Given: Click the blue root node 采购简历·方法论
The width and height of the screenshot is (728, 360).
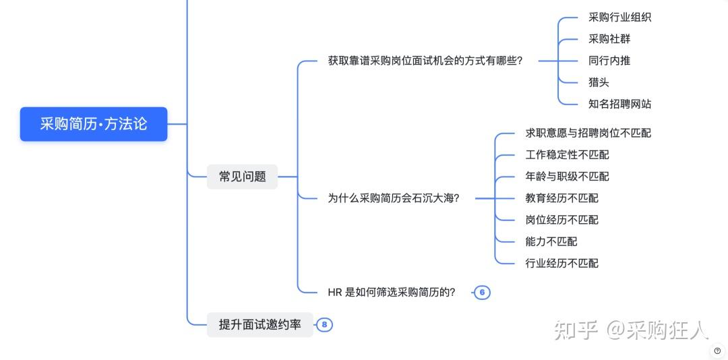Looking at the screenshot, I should click(94, 124).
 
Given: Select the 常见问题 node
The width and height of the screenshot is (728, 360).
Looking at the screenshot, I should click(242, 177).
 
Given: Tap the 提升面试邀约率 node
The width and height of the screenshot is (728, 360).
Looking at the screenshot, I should click(260, 325).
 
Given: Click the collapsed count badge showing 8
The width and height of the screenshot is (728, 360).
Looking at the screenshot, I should click(324, 325).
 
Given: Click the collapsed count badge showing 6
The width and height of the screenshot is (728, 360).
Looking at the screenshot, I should click(482, 293).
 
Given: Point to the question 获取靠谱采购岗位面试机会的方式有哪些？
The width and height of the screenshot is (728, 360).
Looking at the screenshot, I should click(425, 61).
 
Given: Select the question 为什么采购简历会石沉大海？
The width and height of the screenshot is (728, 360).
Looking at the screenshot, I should click(393, 198).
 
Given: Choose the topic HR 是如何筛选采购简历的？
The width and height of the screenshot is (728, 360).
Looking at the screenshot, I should click(392, 293).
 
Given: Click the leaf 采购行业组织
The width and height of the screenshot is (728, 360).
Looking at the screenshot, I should click(619, 18).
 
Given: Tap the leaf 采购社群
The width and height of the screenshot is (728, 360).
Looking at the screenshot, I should click(609, 39).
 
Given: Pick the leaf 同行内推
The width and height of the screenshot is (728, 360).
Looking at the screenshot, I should click(609, 61).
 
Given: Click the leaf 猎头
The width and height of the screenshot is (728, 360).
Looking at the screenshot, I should click(599, 82).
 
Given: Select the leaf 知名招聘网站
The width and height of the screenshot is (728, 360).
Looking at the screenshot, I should click(619, 104).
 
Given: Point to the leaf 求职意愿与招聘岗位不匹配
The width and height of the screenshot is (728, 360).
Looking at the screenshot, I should click(588, 133).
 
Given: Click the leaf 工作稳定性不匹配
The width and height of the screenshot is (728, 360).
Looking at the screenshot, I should click(567, 155).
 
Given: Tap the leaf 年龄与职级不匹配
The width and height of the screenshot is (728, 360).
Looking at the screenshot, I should click(567, 177).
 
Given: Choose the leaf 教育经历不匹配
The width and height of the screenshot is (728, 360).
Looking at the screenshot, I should click(562, 198).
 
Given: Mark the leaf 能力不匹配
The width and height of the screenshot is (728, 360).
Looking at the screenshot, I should click(551, 241).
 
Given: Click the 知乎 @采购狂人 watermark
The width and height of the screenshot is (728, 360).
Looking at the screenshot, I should click(631, 330).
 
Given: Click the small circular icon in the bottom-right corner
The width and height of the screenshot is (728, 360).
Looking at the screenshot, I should click(717, 351).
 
